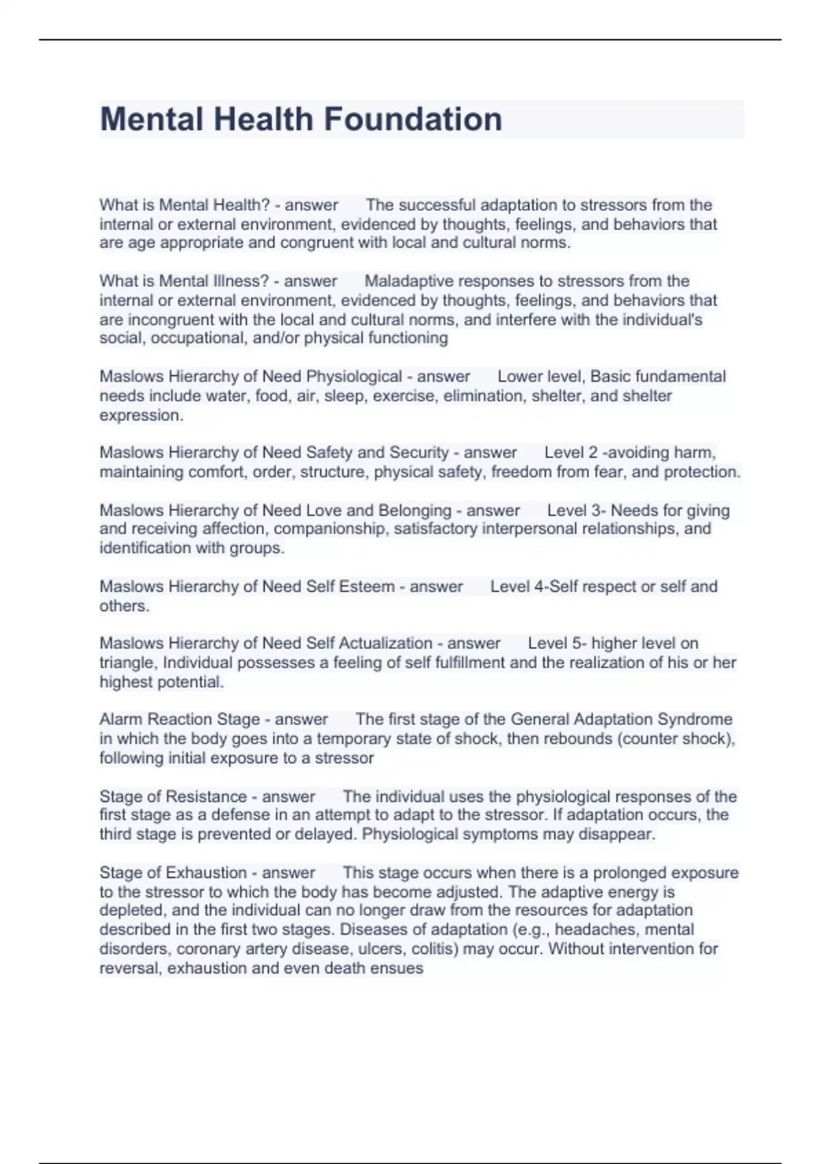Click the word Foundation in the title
coord(413,119)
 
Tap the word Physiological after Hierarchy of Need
coord(354,377)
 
